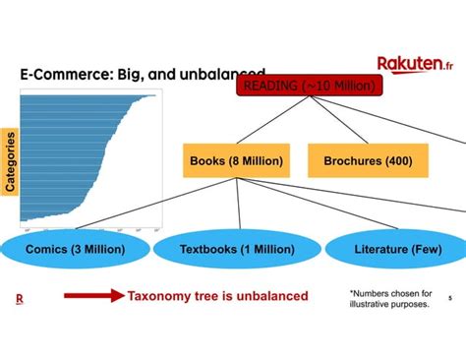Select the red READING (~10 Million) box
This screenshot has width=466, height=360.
(307, 87)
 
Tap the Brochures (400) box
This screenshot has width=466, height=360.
(369, 160)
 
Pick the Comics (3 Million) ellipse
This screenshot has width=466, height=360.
(75, 249)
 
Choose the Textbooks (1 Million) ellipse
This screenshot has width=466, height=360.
(237, 249)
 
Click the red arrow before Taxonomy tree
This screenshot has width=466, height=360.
(93, 295)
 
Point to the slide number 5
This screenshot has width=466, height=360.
(449, 299)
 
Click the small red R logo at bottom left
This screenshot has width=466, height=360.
(19, 298)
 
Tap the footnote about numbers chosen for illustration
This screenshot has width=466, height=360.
(390, 298)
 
